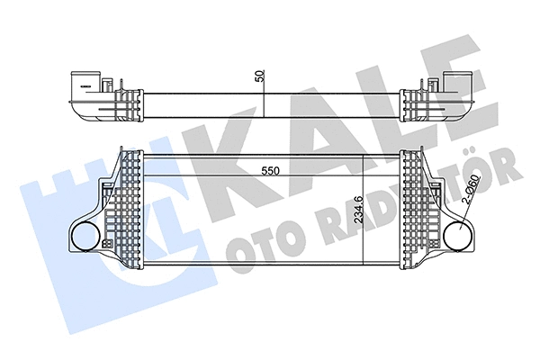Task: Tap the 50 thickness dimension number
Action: coord(261,77)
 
